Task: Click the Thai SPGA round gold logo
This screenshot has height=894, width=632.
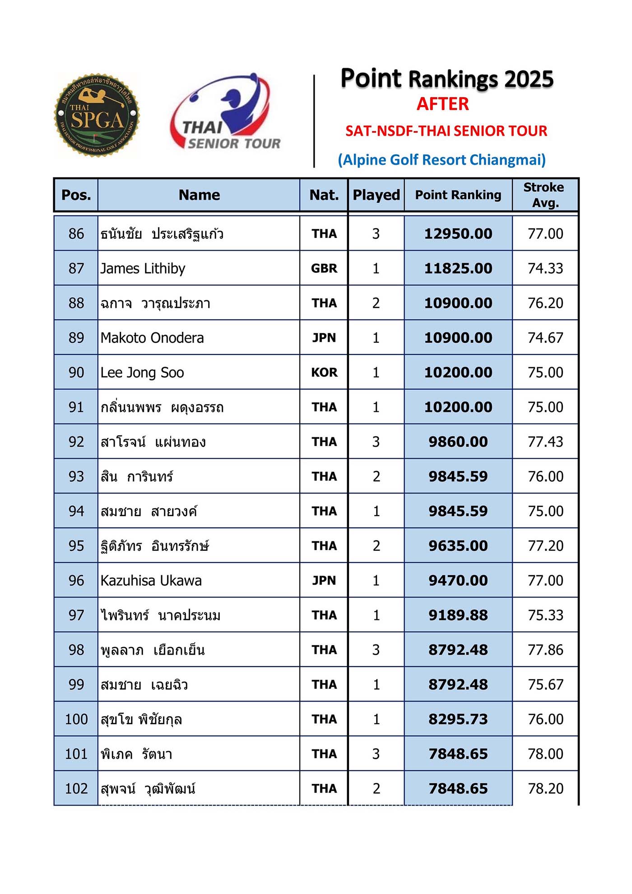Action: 97,115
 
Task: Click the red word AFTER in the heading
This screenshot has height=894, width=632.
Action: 442,104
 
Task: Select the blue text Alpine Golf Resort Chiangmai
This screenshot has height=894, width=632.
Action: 442,160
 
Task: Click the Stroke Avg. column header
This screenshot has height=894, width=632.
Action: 544,195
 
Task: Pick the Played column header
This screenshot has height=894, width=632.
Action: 376,195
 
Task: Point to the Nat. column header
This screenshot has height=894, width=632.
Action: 324,195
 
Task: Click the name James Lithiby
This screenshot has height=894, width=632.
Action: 143,269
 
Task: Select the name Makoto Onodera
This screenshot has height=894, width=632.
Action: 152,338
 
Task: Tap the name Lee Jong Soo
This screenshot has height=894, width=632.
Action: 142,372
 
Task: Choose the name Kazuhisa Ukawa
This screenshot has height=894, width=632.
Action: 151,581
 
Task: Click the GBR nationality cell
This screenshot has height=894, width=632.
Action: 324,269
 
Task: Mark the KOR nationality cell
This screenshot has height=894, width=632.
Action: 324,372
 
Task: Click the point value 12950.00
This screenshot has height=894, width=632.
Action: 458,234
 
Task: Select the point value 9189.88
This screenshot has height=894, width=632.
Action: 458,615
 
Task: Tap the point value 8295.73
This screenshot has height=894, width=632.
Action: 458,719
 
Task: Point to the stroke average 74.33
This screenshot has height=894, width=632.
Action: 545,269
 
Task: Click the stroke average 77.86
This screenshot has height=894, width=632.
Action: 545,650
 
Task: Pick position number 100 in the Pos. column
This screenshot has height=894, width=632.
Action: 76,719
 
